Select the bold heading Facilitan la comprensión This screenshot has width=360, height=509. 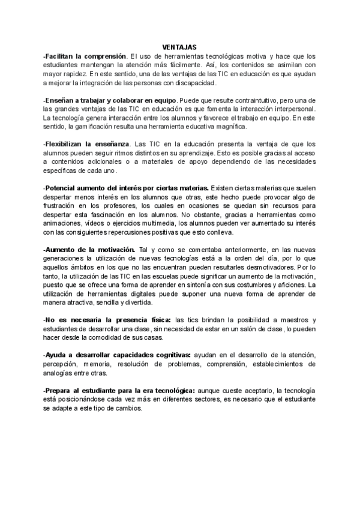click(85, 55)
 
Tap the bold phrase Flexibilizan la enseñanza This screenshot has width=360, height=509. click(87, 144)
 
